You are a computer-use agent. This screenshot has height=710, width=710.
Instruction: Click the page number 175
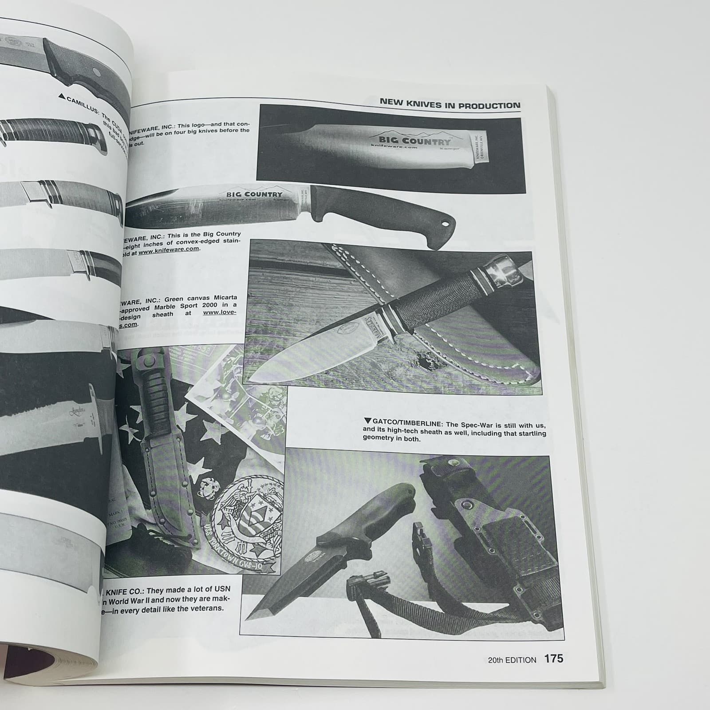[554, 658]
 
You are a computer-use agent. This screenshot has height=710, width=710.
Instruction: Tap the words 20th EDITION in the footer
[512, 660]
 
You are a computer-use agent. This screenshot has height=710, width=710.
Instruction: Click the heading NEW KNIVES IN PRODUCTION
[450, 104]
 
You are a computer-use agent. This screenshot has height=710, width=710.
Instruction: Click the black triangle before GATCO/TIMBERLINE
[367, 420]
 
